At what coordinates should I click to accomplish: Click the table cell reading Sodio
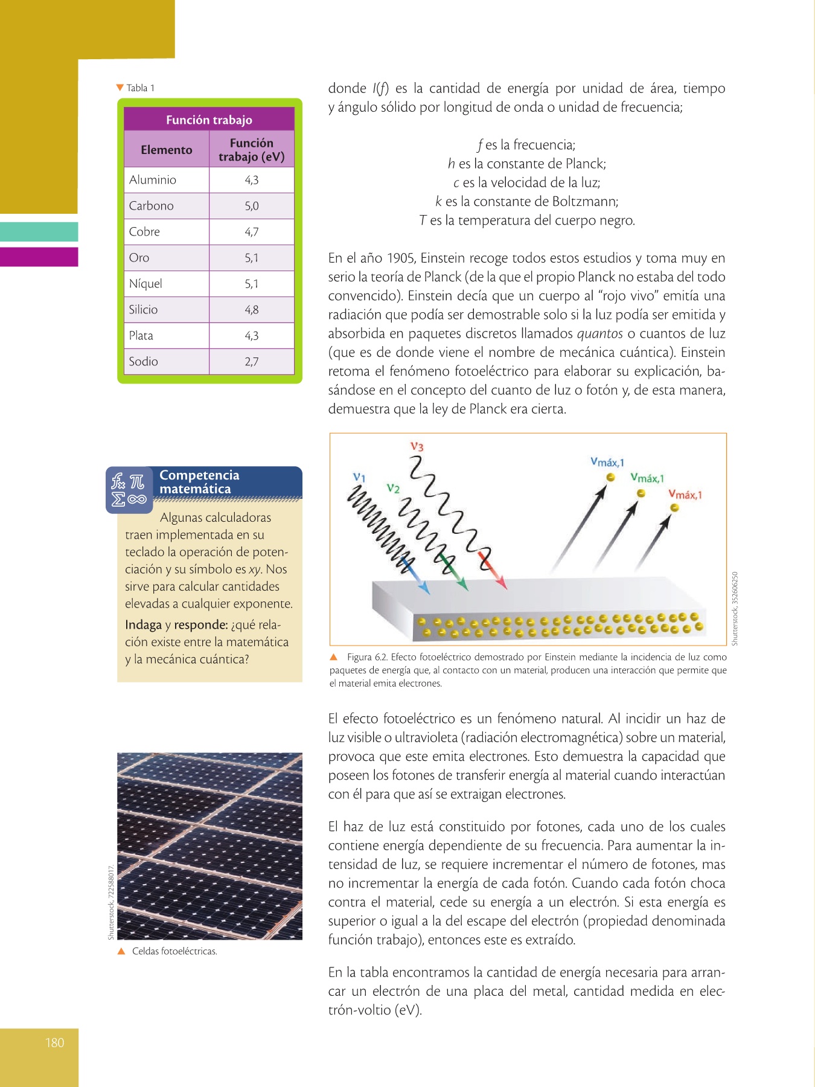point(144,361)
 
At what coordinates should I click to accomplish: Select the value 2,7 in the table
point(252,362)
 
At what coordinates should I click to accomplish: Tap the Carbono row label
point(151,205)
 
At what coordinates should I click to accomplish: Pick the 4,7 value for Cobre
point(252,232)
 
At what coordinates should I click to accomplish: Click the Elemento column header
point(167,150)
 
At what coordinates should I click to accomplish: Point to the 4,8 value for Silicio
point(252,310)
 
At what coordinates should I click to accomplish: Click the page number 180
point(54,1042)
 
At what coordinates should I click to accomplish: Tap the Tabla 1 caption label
point(140,88)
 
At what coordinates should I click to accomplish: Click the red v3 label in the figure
point(417,447)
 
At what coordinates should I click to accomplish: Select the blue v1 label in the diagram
point(359,477)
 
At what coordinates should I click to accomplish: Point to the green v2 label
point(393,488)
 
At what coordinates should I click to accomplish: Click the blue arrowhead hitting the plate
point(425,588)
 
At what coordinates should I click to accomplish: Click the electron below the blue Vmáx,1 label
point(611,478)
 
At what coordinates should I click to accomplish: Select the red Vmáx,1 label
point(685,495)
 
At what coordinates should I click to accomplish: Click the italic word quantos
point(599,333)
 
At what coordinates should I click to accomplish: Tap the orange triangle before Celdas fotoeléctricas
point(121,951)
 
